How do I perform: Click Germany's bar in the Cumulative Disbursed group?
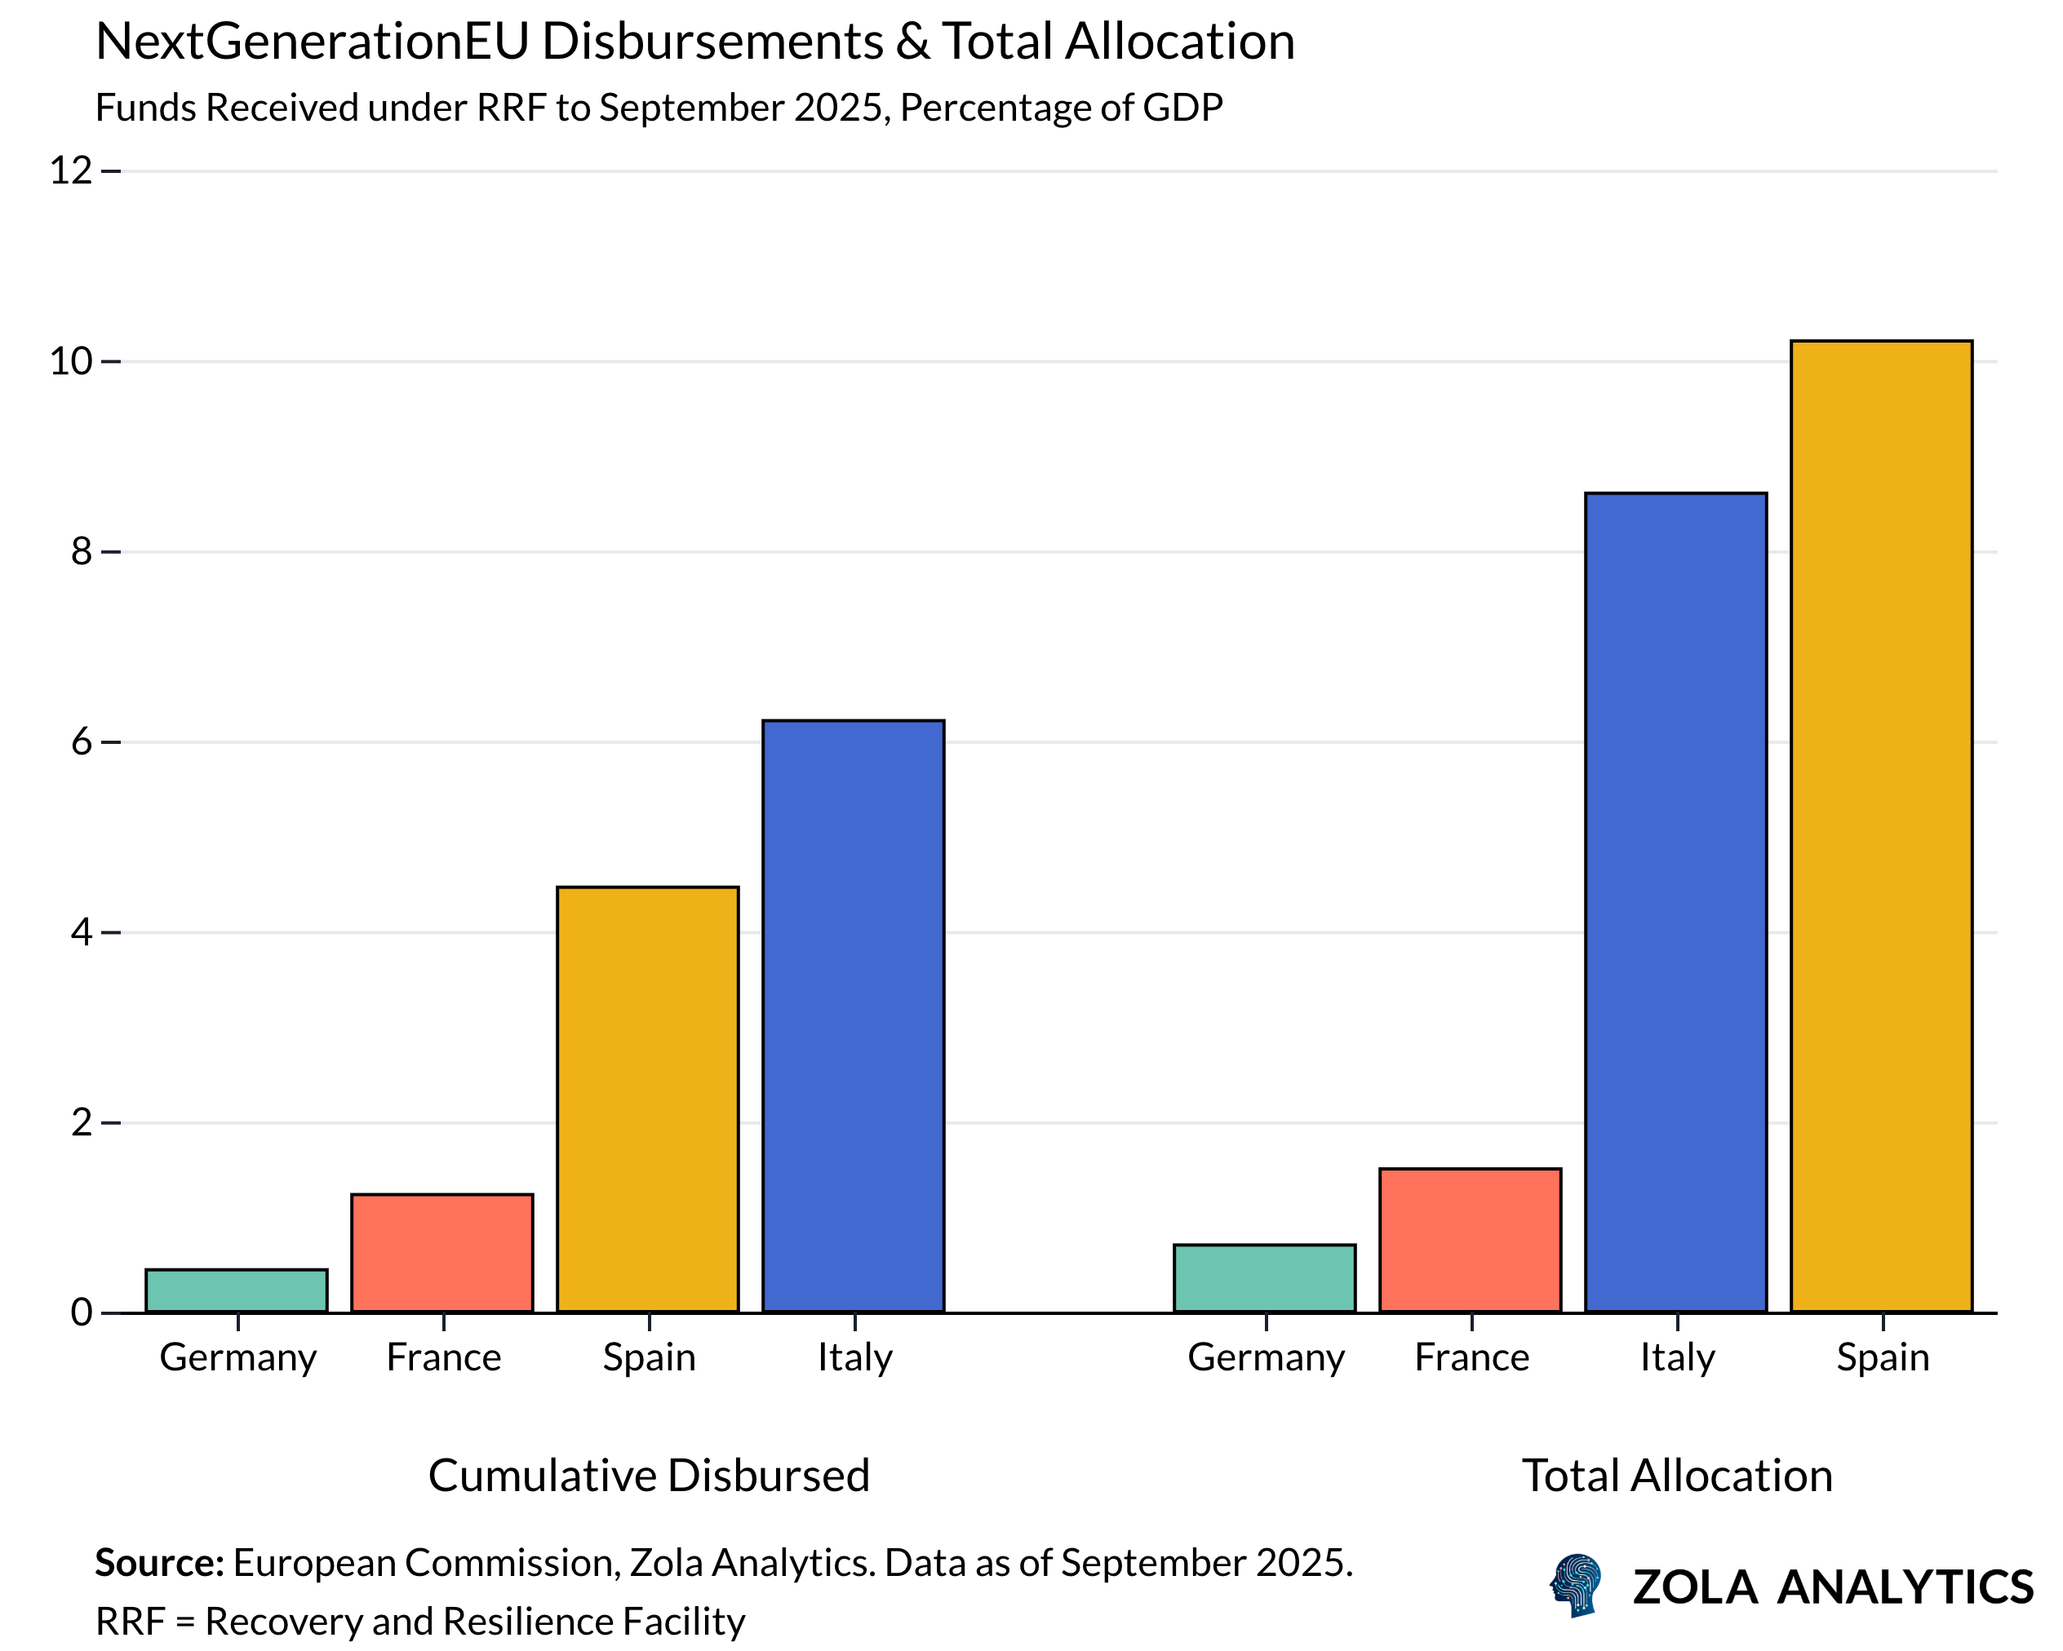point(237,1290)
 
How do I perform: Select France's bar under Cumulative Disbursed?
point(442,1253)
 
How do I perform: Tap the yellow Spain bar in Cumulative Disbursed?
point(648,1100)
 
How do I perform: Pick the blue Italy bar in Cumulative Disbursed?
point(854,1016)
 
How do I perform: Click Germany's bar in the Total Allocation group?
point(1265,1278)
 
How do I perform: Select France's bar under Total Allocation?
point(1471,1241)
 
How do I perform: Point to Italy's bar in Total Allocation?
point(1676,903)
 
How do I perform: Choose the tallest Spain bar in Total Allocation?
point(1881,826)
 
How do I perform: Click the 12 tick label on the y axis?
point(71,171)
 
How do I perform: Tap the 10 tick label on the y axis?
point(71,361)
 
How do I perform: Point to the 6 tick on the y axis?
point(82,742)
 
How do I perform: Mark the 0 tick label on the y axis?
point(82,1312)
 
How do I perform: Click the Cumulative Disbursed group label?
point(649,1475)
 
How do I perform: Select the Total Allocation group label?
point(1676,1475)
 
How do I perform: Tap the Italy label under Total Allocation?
point(1676,1357)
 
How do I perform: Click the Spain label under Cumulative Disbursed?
point(649,1357)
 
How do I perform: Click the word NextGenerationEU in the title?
point(312,42)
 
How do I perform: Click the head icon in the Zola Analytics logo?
point(1575,1585)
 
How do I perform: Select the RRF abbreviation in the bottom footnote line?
point(128,1622)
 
